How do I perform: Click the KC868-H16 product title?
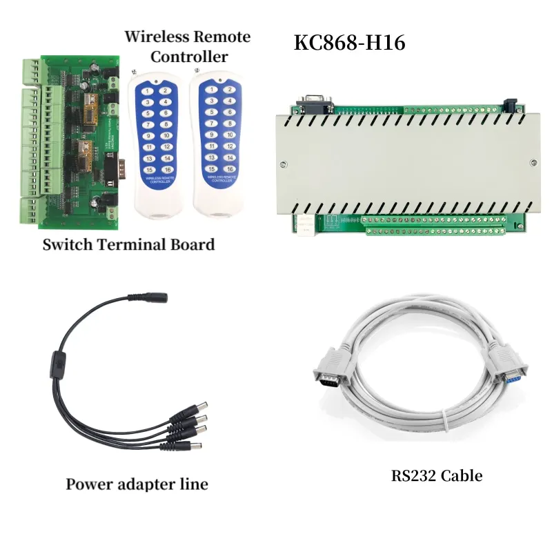tap(349, 43)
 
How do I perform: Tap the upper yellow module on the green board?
tap(90, 104)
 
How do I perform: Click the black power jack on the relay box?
tap(512, 105)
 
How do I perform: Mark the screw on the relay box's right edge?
tap(533, 163)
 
